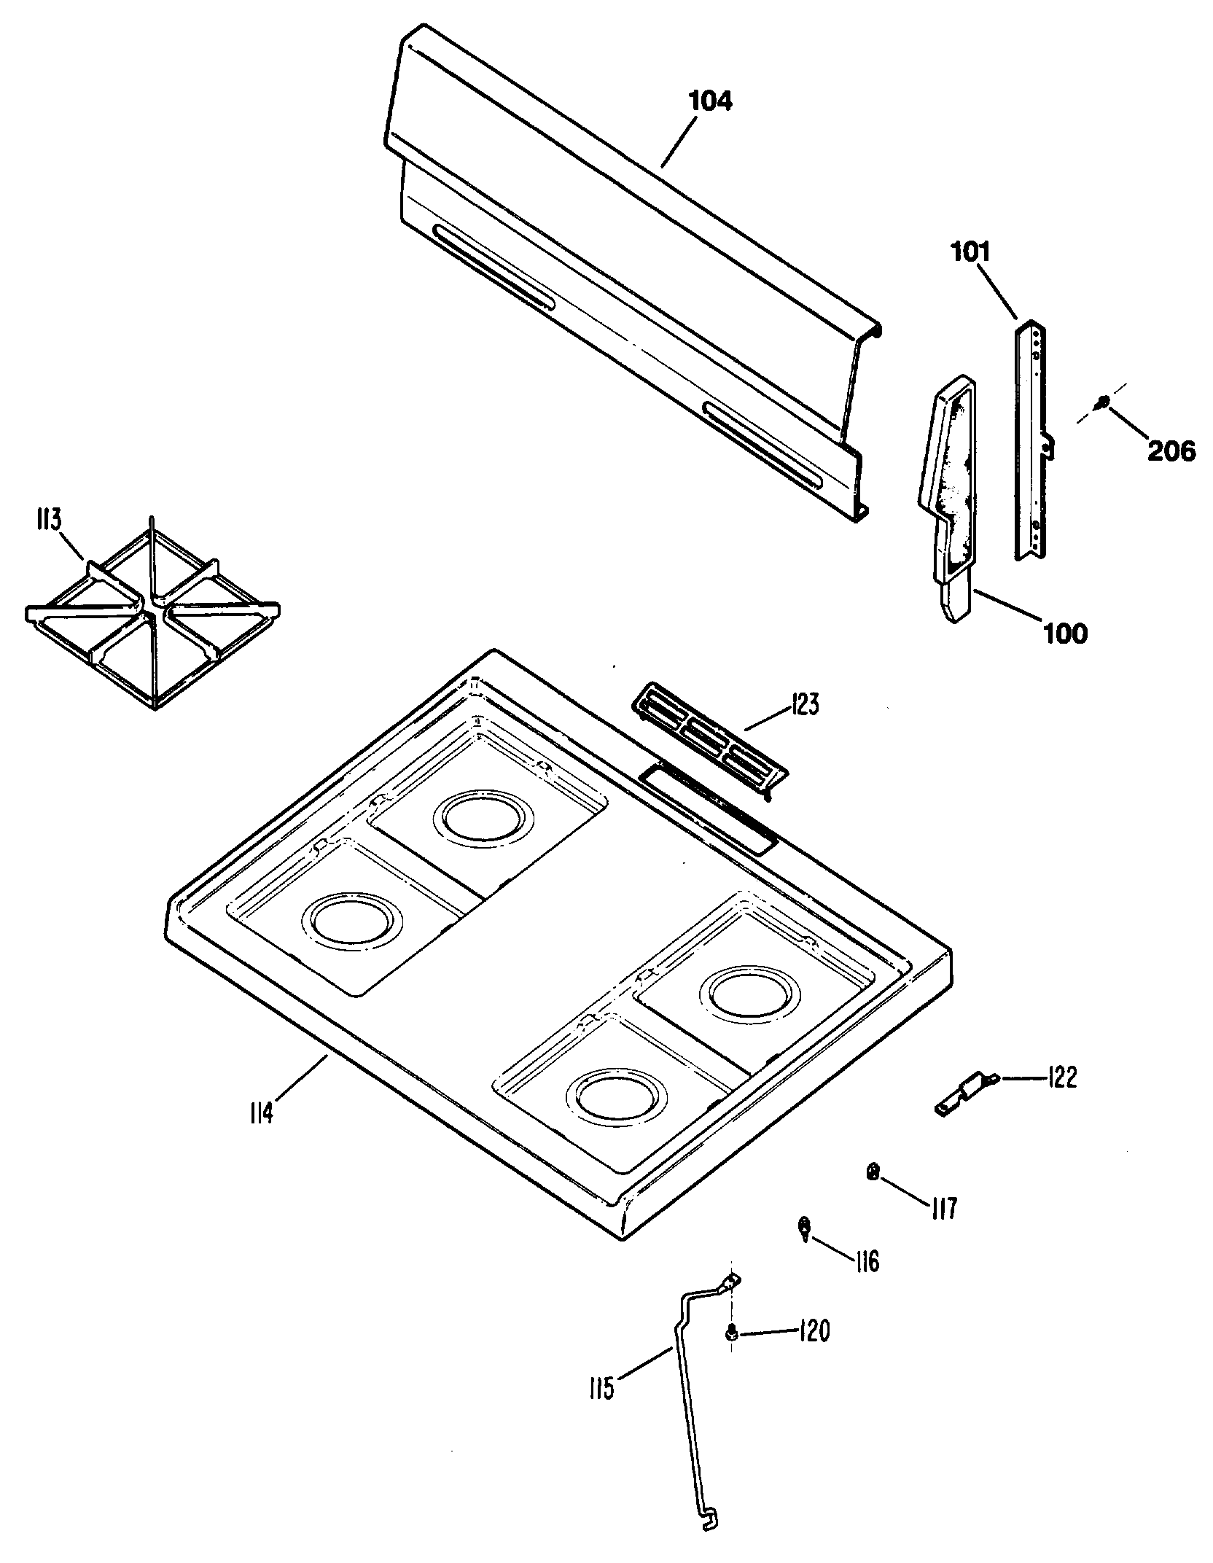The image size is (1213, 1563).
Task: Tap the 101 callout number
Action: click(969, 252)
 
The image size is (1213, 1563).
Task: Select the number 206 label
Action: click(1171, 451)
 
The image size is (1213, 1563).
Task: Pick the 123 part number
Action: click(803, 705)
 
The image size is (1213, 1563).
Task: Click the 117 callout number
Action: click(944, 1209)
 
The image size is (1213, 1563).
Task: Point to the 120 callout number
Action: click(815, 1332)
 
